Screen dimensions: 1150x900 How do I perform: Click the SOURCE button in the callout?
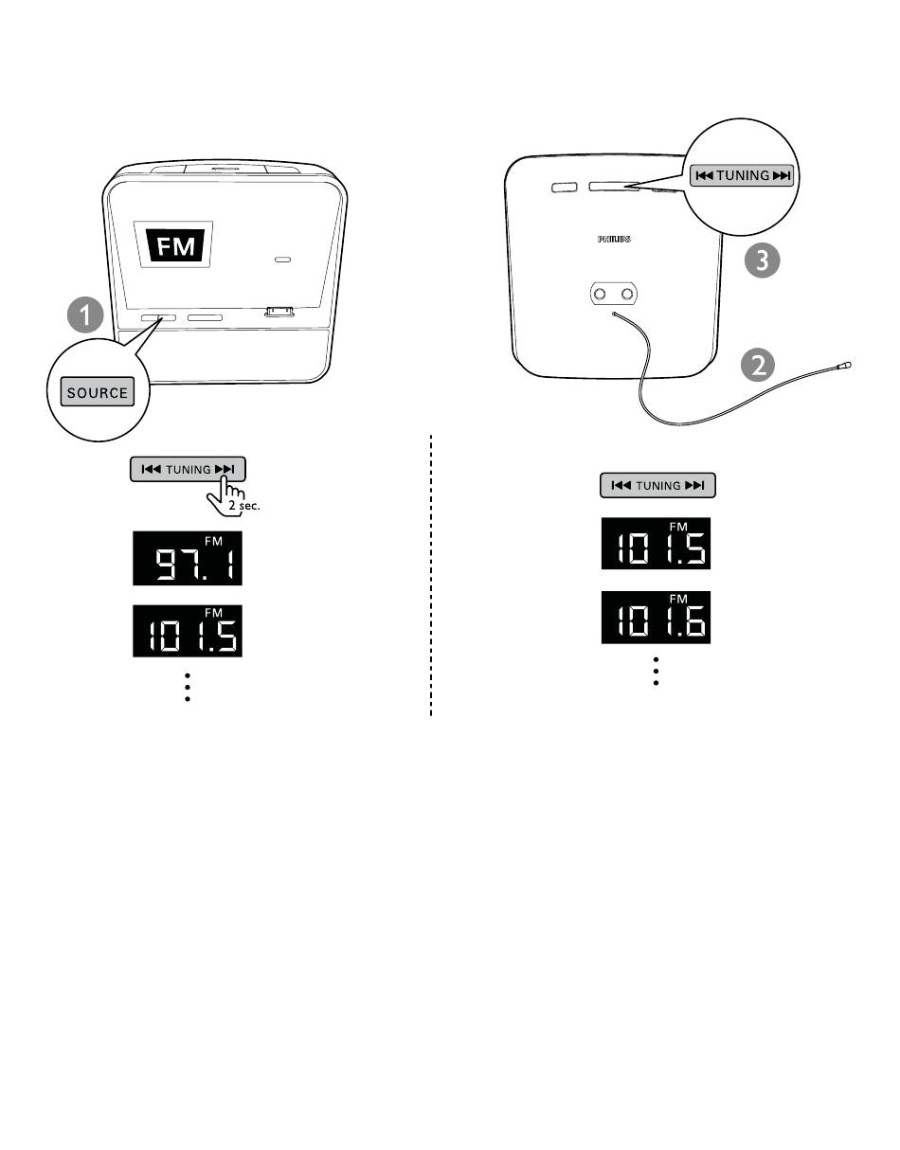click(98, 392)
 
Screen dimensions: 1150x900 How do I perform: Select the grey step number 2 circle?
click(760, 367)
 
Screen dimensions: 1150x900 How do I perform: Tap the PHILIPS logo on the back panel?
click(614, 241)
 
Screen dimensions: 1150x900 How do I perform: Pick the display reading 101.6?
click(656, 618)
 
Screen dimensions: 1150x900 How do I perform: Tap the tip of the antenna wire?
click(847, 364)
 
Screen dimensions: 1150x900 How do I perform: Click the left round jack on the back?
click(600, 296)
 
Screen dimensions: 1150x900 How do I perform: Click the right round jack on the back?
click(626, 296)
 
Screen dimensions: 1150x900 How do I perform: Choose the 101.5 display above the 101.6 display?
click(656, 544)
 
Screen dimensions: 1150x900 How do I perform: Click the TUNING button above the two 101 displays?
click(657, 486)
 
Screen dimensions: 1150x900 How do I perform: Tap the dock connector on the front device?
click(279, 311)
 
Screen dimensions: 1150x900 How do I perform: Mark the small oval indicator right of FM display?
click(282, 259)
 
